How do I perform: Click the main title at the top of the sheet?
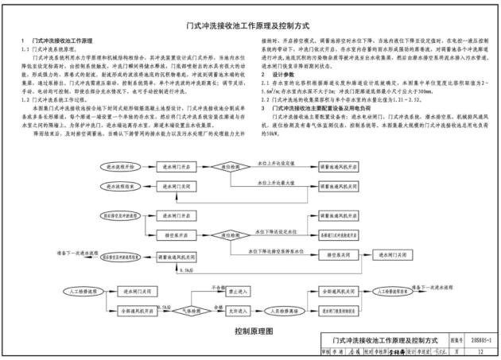(250, 25)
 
